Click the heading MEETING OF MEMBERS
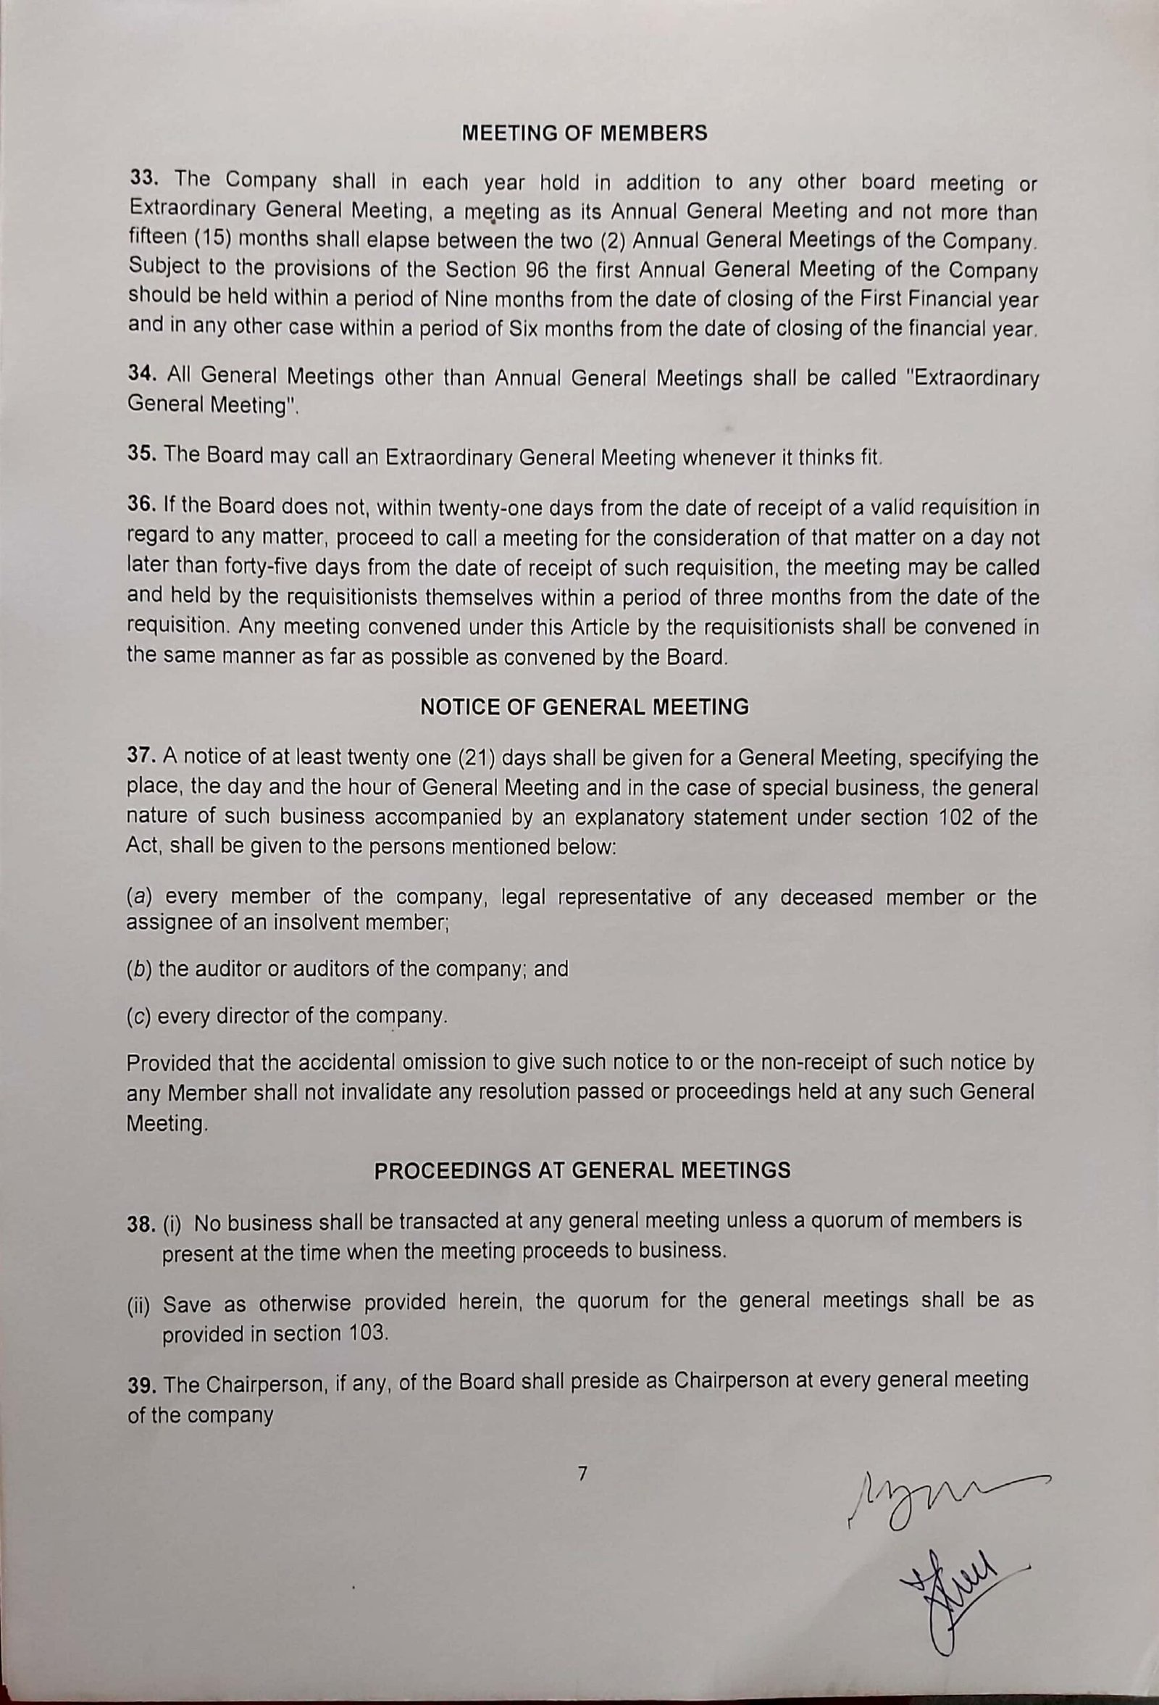584,133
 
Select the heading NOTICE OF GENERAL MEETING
584,706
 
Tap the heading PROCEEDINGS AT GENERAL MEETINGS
582,1170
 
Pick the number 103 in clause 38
365,1333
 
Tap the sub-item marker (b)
139,969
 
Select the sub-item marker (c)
138,1017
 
